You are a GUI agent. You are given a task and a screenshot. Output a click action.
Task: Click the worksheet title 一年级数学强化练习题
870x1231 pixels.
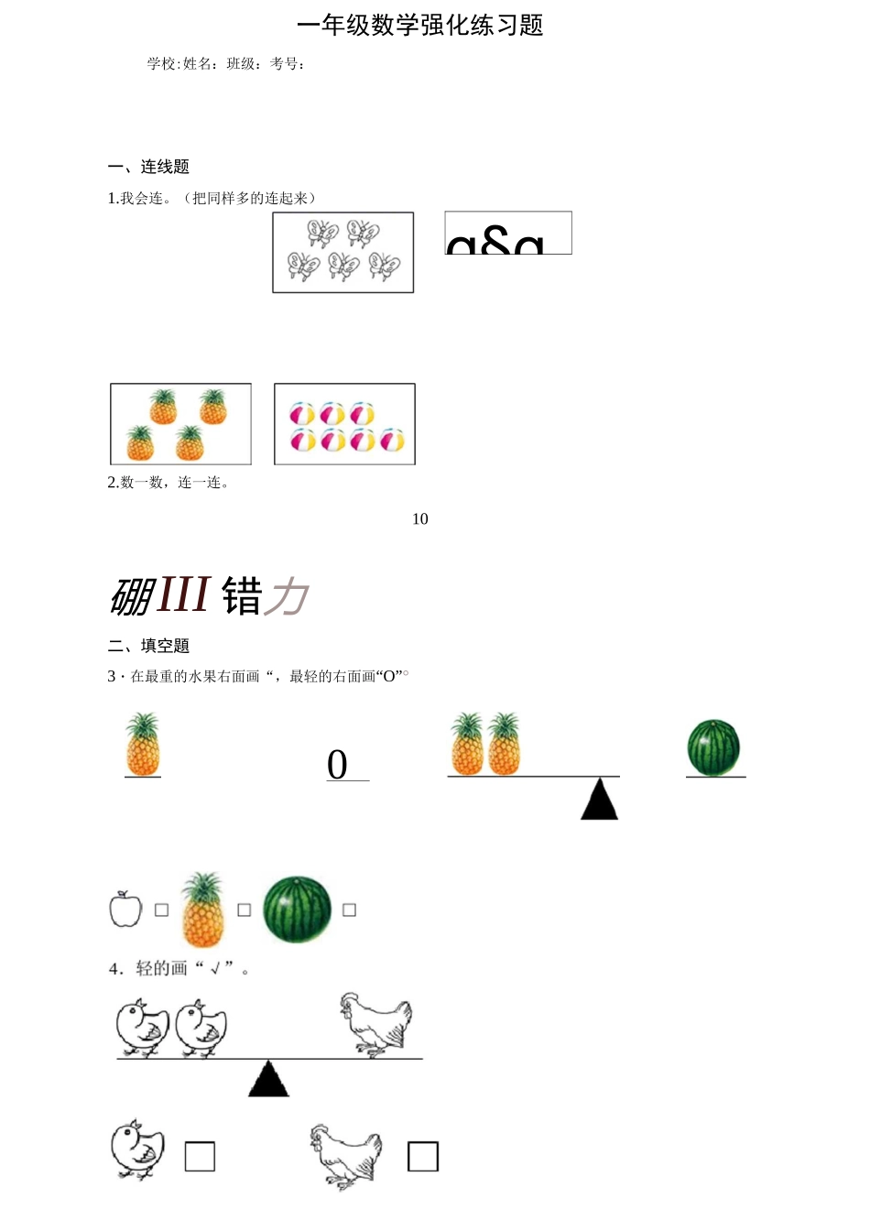420,26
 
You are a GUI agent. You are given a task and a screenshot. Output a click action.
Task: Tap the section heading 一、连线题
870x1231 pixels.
148,167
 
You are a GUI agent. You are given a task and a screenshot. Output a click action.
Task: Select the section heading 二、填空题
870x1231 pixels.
148,646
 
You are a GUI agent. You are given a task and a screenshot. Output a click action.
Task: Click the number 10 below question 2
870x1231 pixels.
420,519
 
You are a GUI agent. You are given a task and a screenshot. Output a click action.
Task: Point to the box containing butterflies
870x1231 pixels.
343,253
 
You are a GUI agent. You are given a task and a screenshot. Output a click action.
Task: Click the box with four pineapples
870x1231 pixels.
180,424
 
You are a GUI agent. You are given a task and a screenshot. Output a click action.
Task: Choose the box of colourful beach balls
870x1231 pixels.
344,424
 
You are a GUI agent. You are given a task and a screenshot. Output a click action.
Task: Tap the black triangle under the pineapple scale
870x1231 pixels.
600,801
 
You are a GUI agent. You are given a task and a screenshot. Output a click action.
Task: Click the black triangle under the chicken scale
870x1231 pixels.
268,1081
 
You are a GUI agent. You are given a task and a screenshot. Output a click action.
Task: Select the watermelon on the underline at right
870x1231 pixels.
713,747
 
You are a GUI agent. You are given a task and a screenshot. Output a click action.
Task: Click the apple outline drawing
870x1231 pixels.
125,909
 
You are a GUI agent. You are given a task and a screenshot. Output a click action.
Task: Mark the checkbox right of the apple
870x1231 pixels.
162,910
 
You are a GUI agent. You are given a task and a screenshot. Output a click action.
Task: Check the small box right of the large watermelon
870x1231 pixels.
349,910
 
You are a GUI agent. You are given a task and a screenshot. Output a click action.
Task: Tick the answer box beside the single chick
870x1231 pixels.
200,1157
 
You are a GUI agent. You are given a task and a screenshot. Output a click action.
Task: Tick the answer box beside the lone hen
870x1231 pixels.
422,1157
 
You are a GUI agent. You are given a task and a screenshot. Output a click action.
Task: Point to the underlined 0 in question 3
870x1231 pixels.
337,765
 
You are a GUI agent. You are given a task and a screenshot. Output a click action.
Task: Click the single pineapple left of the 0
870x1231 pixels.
142,745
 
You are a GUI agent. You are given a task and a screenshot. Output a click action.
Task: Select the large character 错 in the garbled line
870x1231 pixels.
242,596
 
